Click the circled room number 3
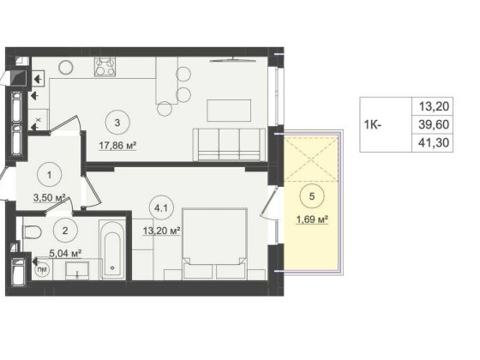point(117,123)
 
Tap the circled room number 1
point(50,175)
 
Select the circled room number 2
point(65,231)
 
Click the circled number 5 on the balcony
point(312,196)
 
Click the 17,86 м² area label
point(117,146)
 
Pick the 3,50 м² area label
point(51,198)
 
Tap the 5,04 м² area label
point(65,253)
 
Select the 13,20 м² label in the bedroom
point(161,231)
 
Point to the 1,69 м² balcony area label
point(312,219)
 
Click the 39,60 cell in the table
point(434,124)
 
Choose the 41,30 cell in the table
point(434,142)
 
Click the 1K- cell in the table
point(373,124)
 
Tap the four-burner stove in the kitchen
point(105,67)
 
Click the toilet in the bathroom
point(32,231)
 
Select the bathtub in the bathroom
point(112,249)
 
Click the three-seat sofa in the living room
point(229,145)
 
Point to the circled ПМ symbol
point(42,270)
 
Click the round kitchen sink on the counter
point(66,67)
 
